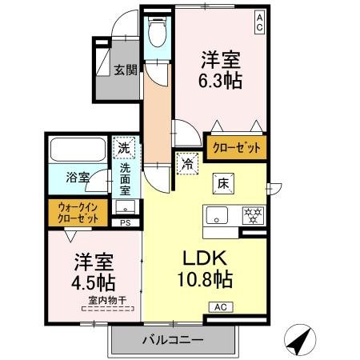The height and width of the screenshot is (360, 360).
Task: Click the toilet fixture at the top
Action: tap(156, 32)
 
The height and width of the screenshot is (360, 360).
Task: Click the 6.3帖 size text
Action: tap(221, 80)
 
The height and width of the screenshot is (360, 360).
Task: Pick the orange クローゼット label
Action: tap(236, 146)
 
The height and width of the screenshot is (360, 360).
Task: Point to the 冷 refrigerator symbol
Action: tap(187, 162)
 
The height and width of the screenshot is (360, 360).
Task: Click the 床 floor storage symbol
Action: tap(224, 184)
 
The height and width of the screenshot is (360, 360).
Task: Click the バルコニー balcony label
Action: tap(172, 340)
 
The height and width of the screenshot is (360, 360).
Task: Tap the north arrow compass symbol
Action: tap(298, 342)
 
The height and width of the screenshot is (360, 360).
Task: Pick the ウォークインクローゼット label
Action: tap(78, 212)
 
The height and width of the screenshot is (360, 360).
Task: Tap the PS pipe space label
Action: tap(125, 223)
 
